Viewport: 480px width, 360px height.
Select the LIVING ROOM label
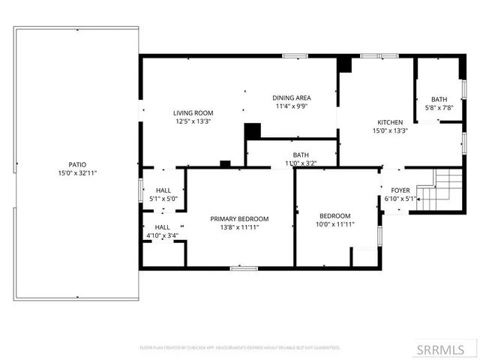click(193, 113)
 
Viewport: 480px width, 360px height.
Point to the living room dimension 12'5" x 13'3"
click(193, 121)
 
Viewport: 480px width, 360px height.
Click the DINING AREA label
click(292, 98)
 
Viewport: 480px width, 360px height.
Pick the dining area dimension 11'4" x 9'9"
click(292, 106)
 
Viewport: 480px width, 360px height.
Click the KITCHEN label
click(390, 122)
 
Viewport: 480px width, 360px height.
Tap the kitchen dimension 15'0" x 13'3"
click(390, 130)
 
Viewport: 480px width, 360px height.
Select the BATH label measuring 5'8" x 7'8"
click(439, 100)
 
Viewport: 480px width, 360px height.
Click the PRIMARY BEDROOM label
click(239, 219)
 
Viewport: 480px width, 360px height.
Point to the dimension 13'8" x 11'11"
click(239, 227)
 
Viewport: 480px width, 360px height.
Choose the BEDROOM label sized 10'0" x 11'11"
click(334, 216)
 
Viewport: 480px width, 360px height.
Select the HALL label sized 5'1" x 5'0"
click(162, 190)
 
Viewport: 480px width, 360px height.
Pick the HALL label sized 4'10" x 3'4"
click(162, 227)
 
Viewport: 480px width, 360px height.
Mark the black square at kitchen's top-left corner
click(344, 65)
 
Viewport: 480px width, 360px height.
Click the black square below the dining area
click(253, 131)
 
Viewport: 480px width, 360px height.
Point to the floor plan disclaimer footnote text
click(240, 348)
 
